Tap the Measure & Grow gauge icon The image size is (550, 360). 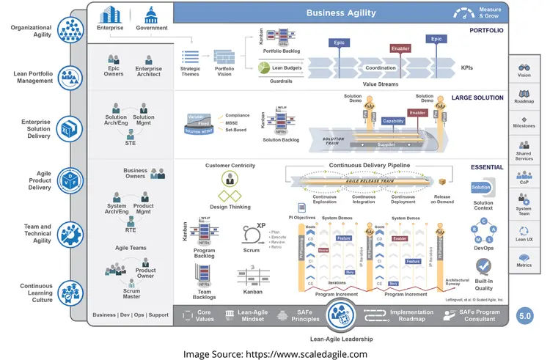(x=464, y=12)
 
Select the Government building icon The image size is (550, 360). (x=152, y=15)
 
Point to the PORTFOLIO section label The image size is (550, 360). (x=486, y=29)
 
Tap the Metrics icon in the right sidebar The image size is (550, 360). (x=524, y=258)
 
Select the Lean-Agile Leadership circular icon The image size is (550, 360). (x=342, y=314)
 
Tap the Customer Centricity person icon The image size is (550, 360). (x=230, y=180)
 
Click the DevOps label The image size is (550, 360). (x=483, y=249)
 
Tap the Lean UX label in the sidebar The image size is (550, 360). (x=524, y=239)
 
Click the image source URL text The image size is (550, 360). (x=276, y=334)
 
